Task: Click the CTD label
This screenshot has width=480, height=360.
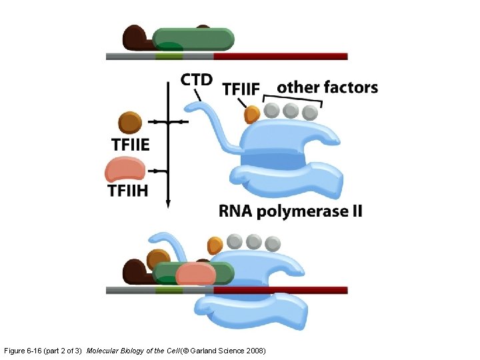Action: coord(197,80)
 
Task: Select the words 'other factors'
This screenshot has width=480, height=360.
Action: coord(327,87)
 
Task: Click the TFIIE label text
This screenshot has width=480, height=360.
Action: coord(131,143)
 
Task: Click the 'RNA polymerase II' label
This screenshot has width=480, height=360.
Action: coord(291,212)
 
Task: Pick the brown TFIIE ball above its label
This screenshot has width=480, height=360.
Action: coord(130,123)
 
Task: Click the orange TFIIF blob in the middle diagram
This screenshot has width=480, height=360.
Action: coord(251,115)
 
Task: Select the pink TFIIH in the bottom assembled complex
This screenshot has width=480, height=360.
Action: coord(196,274)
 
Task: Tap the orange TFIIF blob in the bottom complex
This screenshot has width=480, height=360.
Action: coord(215,245)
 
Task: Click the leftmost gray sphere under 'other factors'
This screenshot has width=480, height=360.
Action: coord(271,111)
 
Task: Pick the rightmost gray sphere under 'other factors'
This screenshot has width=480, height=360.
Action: coord(310,111)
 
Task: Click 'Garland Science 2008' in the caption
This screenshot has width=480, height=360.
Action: coord(229,350)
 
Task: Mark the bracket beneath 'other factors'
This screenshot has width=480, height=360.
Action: coord(293,101)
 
